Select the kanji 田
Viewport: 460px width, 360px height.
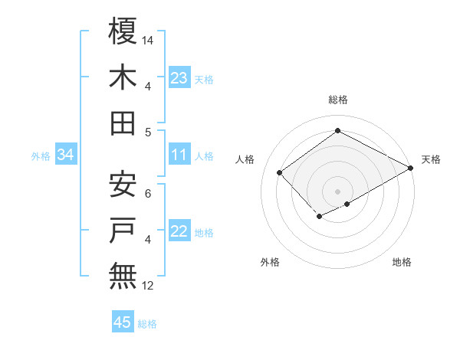tap(123, 123)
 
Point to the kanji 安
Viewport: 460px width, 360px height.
tap(123, 184)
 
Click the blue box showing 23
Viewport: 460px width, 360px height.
tap(179, 78)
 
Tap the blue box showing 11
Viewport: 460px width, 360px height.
tap(179, 155)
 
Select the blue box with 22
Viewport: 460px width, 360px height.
tap(179, 231)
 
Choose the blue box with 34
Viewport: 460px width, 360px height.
tap(65, 155)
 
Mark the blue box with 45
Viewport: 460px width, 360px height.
tap(123, 322)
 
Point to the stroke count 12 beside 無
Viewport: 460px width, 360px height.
tap(149, 286)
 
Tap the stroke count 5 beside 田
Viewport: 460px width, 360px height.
tap(148, 132)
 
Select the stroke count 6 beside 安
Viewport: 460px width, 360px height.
tap(148, 192)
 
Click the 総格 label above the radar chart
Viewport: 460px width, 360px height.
tap(337, 100)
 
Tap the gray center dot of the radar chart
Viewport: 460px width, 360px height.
tap(337, 191)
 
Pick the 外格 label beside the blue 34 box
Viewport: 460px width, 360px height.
tap(41, 156)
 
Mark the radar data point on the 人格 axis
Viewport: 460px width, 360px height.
tap(280, 172)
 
